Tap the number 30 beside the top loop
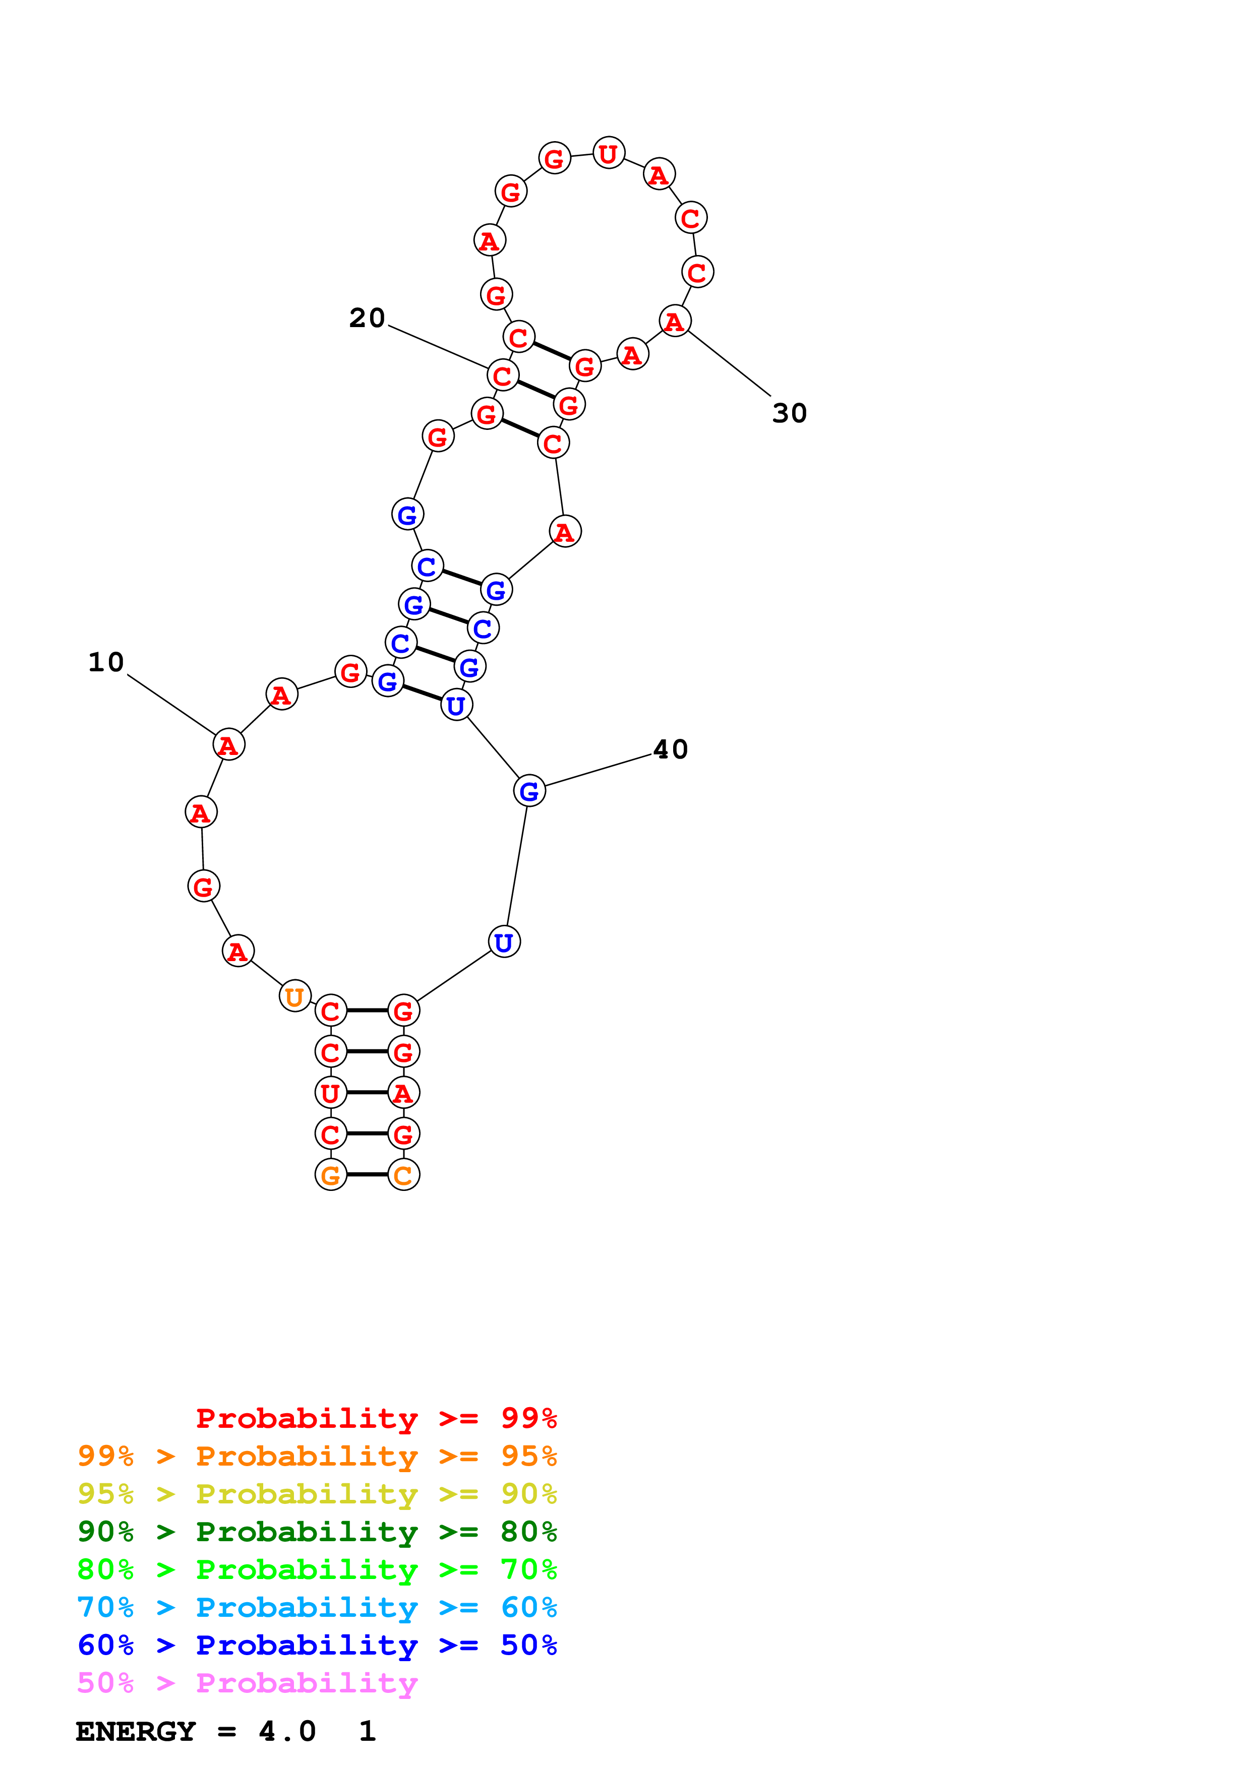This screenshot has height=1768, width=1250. point(790,413)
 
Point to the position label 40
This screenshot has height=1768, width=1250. point(670,750)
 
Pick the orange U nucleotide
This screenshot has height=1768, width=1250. point(294,997)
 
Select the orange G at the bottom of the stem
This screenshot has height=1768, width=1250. point(330,1175)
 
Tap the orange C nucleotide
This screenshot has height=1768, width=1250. point(403,1175)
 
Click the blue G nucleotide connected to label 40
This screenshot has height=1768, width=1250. point(529,791)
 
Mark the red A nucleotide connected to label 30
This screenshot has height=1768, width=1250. point(675,321)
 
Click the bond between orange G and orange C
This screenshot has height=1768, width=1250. point(367,1175)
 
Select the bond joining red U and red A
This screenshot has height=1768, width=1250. point(367,1093)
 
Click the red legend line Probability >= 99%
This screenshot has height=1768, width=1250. point(376,1418)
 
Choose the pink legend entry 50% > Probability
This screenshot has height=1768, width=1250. point(247,1683)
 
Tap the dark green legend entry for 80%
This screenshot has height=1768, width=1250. point(317,1532)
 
